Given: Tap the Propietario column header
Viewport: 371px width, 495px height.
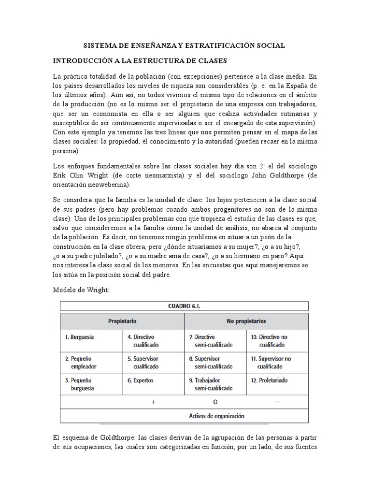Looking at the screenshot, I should pos(122,321).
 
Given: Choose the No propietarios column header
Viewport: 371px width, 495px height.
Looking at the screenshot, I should pos(246,321).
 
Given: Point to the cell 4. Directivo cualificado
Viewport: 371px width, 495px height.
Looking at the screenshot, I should pos(143,341).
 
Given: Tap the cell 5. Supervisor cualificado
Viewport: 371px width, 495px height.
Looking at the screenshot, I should pos(143,363).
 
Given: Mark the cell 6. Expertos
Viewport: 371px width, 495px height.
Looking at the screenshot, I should pos(141,380).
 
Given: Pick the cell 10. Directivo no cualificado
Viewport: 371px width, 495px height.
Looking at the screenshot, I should pos(273,341).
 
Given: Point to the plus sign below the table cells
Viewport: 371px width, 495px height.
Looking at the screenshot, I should pos(153,402).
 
